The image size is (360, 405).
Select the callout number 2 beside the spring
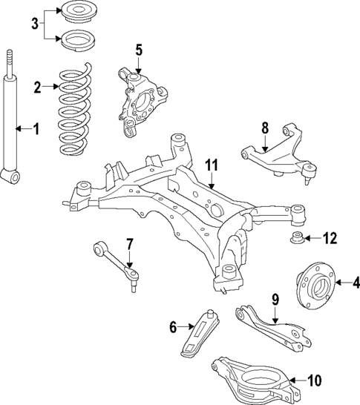click(37, 87)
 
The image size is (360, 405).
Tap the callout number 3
click(34, 25)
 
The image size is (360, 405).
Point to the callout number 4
click(356, 283)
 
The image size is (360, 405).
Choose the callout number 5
click(138, 50)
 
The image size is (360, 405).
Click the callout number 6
click(174, 326)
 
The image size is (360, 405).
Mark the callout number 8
click(265, 128)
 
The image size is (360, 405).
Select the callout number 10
click(314, 381)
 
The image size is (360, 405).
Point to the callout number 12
click(330, 238)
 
